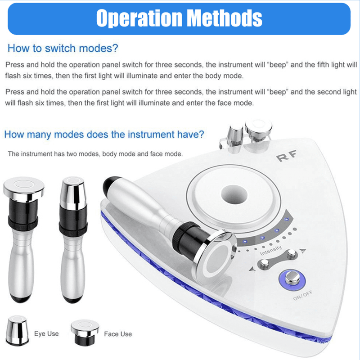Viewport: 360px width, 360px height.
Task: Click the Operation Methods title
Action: click(x=179, y=18)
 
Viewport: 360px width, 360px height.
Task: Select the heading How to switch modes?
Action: click(x=63, y=48)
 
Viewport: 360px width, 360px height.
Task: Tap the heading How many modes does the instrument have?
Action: click(x=104, y=134)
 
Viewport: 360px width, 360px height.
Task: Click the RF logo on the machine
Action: click(x=286, y=156)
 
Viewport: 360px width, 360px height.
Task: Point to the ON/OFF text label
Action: click(x=302, y=295)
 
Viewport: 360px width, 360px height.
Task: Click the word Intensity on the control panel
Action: click(x=271, y=250)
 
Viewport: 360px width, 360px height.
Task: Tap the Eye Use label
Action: click(x=46, y=333)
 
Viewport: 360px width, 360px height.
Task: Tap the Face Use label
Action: click(x=118, y=334)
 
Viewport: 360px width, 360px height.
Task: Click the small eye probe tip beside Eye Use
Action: click(x=17, y=330)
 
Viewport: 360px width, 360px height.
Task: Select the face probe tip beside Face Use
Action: click(x=85, y=332)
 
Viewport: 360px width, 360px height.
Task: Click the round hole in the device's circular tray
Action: click(x=234, y=194)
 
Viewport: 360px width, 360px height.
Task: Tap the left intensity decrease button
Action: click(x=264, y=264)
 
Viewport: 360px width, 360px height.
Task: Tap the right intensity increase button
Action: click(x=292, y=253)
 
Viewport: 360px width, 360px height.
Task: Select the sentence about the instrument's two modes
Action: click(x=95, y=154)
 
